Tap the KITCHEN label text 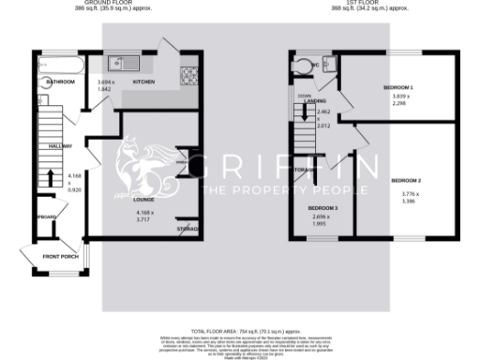pyautogui.click(x=143, y=82)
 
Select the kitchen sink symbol pyautogui.click(x=123, y=64)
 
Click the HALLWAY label pyautogui.click(x=47, y=145)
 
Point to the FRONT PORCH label pyautogui.click(x=54, y=256)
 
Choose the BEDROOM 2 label pyautogui.click(x=406, y=179)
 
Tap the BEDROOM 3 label pyautogui.click(x=325, y=208)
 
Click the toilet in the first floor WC pyautogui.click(x=302, y=65)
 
